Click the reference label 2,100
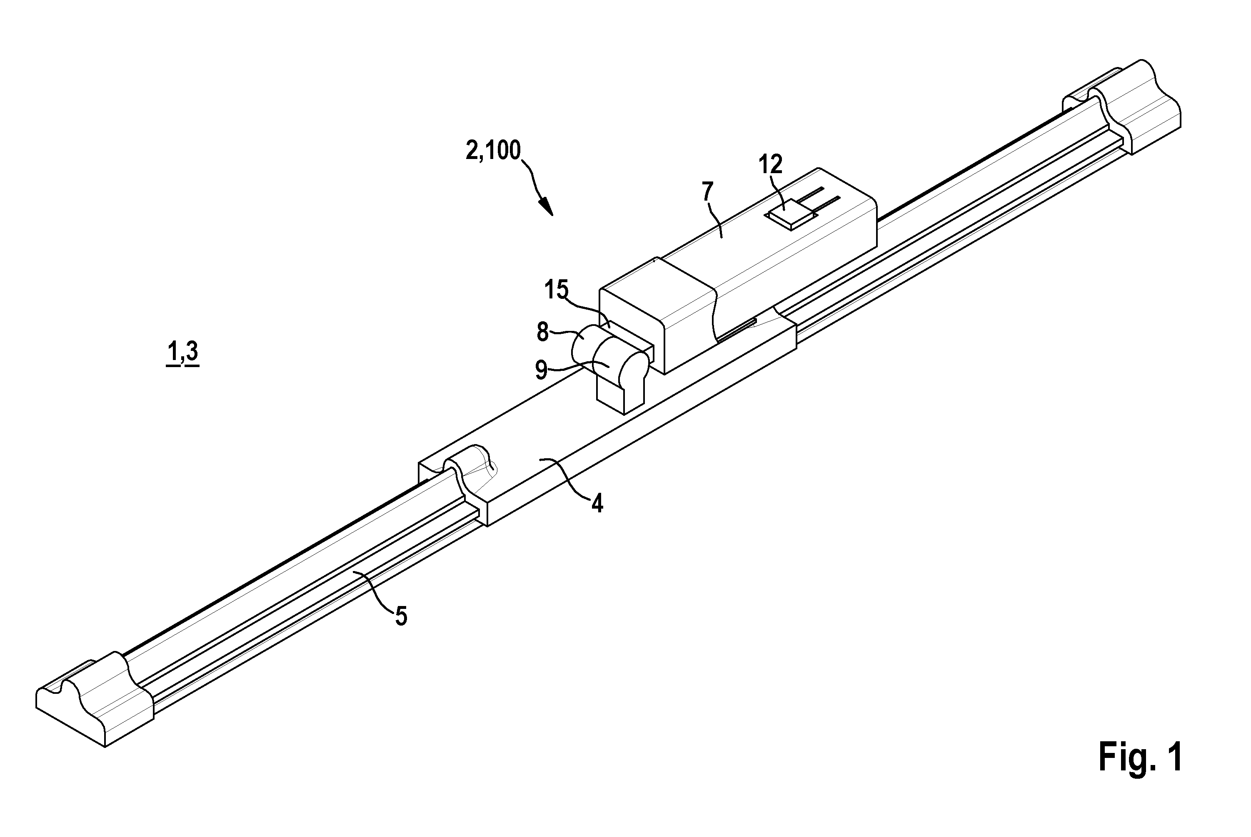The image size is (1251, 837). (x=493, y=151)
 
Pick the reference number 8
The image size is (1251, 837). (x=543, y=333)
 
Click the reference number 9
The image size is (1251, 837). (x=542, y=370)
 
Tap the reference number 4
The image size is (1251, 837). (x=597, y=503)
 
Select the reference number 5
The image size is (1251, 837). (x=401, y=616)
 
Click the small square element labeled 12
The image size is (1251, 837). (x=791, y=215)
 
